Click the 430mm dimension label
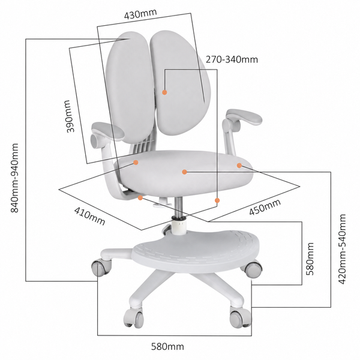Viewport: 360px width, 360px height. (x=140, y=14)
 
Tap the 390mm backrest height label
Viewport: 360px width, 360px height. (x=71, y=116)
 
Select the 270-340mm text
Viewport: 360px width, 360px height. (x=232, y=59)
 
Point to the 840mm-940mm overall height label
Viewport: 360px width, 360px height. (x=14, y=178)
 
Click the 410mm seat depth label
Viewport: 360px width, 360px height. (x=89, y=216)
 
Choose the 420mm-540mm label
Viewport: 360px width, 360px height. (x=343, y=249)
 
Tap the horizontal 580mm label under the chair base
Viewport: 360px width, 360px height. (x=167, y=346)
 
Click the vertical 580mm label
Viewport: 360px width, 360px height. (x=310, y=259)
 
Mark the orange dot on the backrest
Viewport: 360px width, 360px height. (x=164, y=92)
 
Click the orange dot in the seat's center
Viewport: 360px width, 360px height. (x=184, y=172)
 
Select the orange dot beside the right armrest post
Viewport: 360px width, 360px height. (x=239, y=166)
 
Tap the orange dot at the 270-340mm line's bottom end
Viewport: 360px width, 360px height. (x=217, y=200)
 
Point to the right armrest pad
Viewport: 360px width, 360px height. (x=245, y=116)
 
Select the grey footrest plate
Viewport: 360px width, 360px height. (x=195, y=250)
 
